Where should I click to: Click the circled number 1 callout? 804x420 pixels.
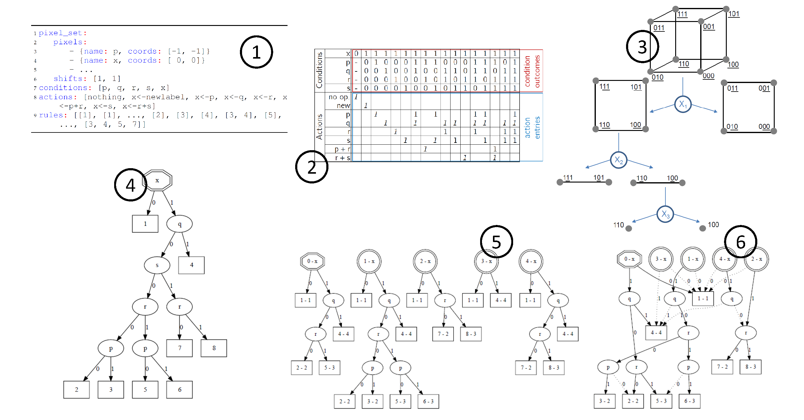coord(256,52)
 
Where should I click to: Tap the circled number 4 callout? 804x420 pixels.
coord(130,185)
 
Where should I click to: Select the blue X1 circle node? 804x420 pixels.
coord(683,104)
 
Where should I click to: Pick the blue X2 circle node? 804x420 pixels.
coord(618,160)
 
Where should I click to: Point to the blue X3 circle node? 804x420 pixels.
coord(665,214)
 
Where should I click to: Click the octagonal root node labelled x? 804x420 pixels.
coord(157,180)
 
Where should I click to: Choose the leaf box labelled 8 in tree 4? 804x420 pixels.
coord(214,348)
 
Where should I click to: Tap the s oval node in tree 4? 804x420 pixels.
coord(157,265)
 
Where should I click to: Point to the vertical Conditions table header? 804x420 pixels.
coord(319,70)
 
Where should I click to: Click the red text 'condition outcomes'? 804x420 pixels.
coord(532,71)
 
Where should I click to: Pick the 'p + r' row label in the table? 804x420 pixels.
coord(342,149)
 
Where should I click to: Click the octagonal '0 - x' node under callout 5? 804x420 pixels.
coord(312,261)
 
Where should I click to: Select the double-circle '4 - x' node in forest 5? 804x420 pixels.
coord(531,261)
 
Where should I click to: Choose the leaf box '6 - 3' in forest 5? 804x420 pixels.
coord(428,401)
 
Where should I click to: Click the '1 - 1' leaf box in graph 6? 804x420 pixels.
coord(703,299)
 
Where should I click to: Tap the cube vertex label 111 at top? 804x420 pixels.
coord(682,14)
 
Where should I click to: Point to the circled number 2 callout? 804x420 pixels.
coord(311,167)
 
